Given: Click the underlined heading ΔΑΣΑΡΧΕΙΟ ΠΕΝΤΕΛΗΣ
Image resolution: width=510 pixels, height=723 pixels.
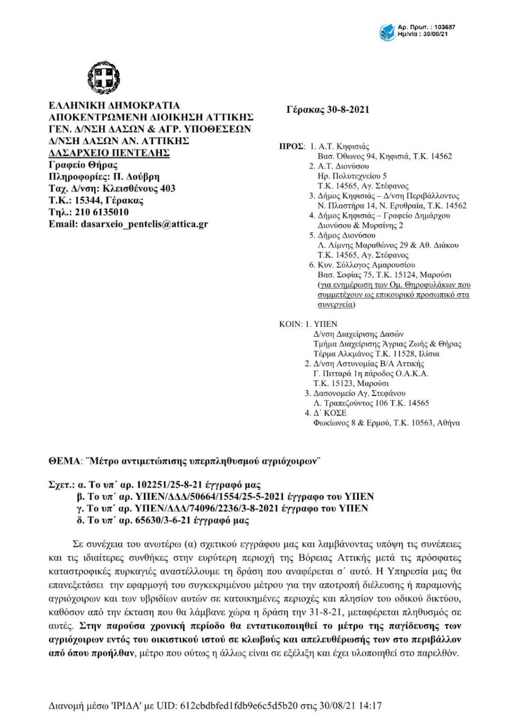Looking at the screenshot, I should pos(109,153).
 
